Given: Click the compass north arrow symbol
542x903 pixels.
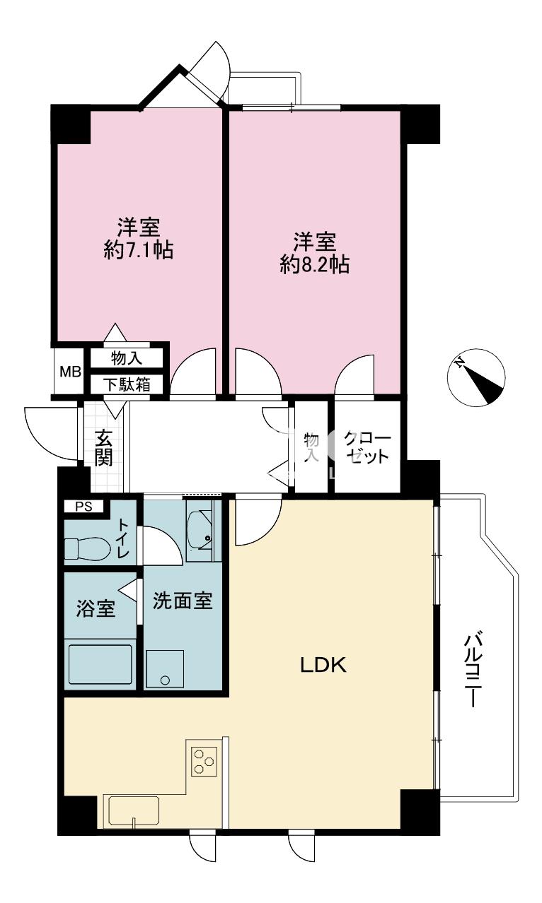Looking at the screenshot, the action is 476,377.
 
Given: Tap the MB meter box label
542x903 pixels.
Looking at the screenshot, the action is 70,371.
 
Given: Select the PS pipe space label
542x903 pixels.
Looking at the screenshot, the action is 83,507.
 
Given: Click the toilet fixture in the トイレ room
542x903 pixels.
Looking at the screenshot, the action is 88,548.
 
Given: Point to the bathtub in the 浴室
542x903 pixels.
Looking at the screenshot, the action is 100,664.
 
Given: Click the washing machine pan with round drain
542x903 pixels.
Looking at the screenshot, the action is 165,669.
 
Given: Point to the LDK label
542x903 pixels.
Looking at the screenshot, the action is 323,665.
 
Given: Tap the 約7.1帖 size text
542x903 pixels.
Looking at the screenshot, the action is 139,250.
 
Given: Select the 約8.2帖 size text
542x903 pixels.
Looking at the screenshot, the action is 315,265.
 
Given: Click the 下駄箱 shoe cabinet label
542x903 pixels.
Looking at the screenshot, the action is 127,384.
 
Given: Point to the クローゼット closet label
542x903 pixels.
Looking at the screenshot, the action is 367,447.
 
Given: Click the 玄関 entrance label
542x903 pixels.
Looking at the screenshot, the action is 103,448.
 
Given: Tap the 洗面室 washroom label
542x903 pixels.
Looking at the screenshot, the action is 183,601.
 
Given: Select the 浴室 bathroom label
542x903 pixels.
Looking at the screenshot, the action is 96,609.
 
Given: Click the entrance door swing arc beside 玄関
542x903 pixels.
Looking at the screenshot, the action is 42,442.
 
